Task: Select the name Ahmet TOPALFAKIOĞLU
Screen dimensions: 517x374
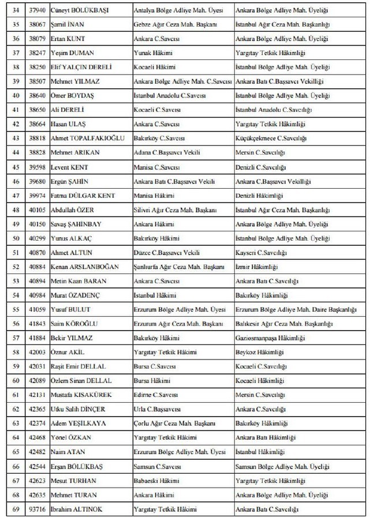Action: coord(84,138)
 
